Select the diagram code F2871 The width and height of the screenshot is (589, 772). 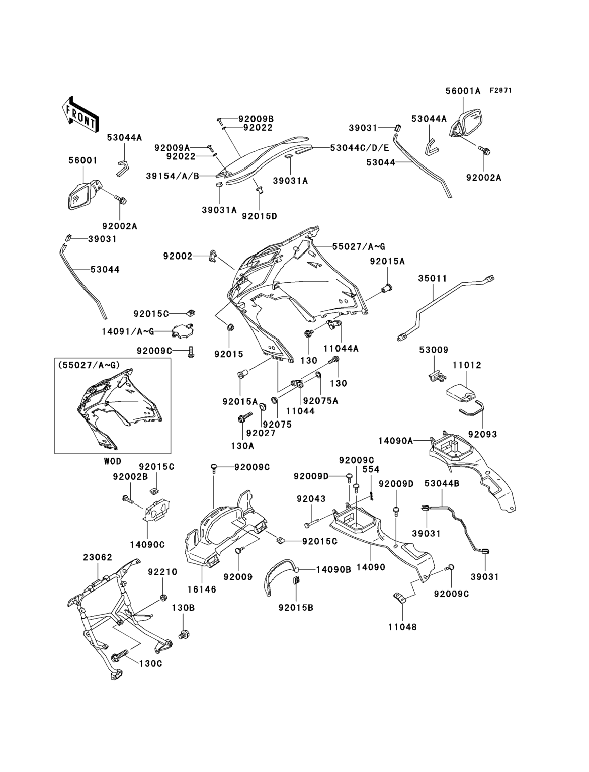[x=501, y=91]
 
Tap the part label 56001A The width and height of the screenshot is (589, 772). [x=463, y=91]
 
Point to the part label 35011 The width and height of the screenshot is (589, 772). [x=433, y=278]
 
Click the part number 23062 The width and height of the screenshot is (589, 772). [x=98, y=557]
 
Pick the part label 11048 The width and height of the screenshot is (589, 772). [x=403, y=627]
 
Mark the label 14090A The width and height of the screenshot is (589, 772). [x=395, y=441]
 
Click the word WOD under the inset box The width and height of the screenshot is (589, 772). [x=113, y=461]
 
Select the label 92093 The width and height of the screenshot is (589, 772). [x=483, y=434]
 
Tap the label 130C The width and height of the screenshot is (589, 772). [x=151, y=664]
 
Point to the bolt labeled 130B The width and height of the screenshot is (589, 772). [x=184, y=635]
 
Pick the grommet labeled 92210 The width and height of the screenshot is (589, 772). [x=163, y=597]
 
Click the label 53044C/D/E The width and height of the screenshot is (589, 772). [x=359, y=148]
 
